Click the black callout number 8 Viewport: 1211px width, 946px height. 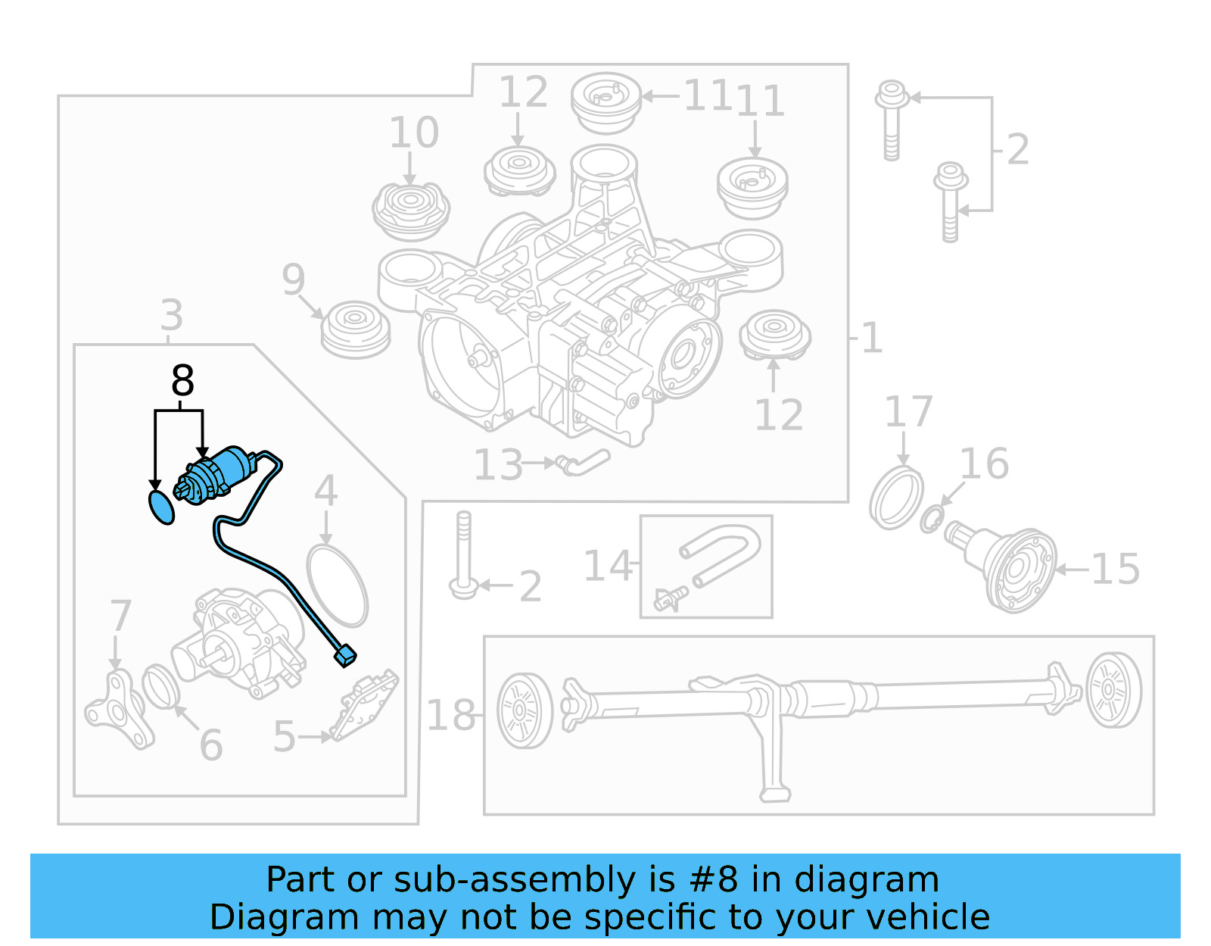[182, 381]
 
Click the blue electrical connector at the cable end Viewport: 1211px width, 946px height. [345, 656]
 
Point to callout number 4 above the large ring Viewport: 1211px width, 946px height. [325, 492]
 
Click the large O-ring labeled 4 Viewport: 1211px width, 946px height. [338, 585]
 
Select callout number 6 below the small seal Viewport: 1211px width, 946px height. [211, 745]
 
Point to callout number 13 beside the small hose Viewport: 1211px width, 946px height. [498, 465]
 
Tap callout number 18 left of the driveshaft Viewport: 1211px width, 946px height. [450, 715]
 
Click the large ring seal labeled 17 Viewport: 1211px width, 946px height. [896, 498]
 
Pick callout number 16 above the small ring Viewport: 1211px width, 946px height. [984, 464]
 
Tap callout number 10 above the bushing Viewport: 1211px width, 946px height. [413, 133]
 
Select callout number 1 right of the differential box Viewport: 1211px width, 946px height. [872, 338]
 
